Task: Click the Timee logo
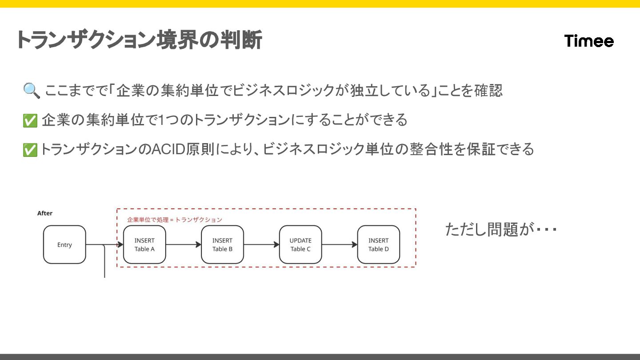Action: point(589,41)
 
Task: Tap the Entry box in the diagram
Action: point(64,244)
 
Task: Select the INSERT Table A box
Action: point(144,244)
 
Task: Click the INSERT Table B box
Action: point(222,244)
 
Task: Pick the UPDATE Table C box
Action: point(300,244)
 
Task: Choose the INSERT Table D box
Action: point(378,244)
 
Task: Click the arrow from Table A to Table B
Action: point(183,244)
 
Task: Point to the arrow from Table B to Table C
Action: point(261,244)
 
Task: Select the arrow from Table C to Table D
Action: point(340,244)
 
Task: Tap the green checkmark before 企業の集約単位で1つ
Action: point(30,120)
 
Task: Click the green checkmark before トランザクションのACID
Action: point(30,150)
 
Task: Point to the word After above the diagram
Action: point(45,213)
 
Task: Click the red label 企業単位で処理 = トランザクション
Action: point(174,220)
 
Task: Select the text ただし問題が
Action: point(489,230)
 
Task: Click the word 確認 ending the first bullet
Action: point(487,91)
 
